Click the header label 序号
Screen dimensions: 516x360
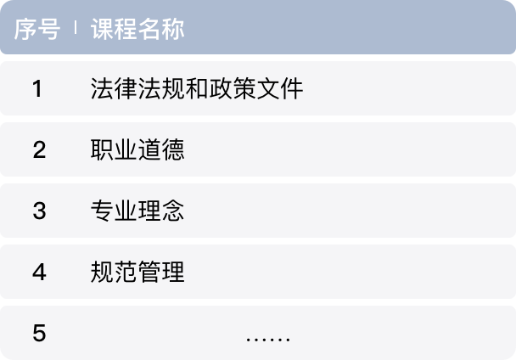[37, 29]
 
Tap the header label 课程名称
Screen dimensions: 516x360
[137, 29]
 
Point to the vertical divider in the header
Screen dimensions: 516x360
[76, 27]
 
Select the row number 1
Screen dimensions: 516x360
[37, 88]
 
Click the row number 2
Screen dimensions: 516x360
[39, 149]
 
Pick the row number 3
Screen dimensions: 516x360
[39, 211]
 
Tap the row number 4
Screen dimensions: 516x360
[39, 272]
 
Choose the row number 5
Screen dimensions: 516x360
[39, 333]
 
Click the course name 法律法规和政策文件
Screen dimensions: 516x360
[197, 88]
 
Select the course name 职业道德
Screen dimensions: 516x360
[137, 149]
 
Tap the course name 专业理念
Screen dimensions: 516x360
[137, 211]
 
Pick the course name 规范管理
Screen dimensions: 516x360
[137, 272]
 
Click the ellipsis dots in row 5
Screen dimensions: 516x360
[268, 339]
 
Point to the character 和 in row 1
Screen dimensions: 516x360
[197, 88]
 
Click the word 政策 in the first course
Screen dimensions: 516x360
[233, 88]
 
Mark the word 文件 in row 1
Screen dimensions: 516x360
[280, 88]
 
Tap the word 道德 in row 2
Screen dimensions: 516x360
[161, 149]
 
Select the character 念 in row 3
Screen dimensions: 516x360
[173, 211]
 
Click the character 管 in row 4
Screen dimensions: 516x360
[149, 272]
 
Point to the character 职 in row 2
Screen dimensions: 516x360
[102, 149]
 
